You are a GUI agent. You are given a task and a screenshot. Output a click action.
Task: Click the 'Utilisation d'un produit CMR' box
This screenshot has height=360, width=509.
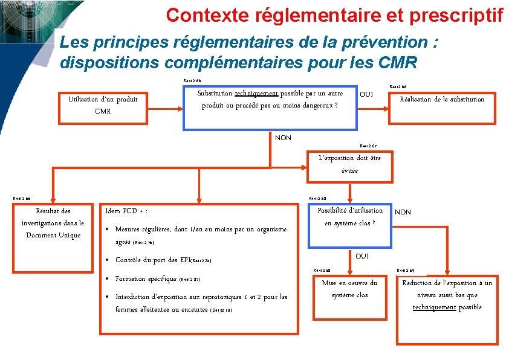coord(103,105)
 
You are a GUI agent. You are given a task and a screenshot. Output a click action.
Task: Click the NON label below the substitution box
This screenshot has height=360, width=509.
coord(283,138)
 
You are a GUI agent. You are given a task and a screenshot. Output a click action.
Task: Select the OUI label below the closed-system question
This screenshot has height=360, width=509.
coord(362,256)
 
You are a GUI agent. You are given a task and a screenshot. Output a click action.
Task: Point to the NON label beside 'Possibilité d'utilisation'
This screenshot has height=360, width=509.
coord(403,212)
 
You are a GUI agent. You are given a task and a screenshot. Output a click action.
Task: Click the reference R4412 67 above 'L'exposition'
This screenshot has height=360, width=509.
coord(368,146)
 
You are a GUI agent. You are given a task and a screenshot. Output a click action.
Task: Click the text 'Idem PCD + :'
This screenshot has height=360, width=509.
coord(127,211)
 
